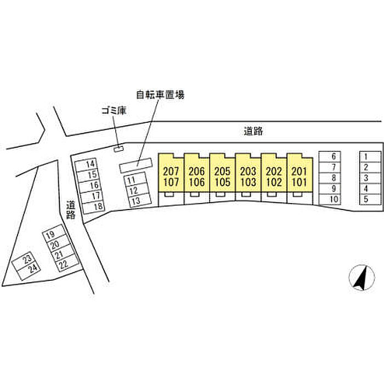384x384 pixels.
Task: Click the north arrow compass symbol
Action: coord(362,278)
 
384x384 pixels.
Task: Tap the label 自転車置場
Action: coord(160,94)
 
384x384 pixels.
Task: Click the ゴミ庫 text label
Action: coord(114,111)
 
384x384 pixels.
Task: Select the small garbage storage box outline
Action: coord(118,149)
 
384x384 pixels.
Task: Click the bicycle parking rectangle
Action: coord(136,165)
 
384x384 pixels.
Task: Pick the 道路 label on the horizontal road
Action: coord(253,131)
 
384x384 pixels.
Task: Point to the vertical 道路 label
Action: coord(71,210)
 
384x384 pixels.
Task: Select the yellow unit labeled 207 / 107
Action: coord(171,173)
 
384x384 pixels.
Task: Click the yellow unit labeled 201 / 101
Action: coord(300,173)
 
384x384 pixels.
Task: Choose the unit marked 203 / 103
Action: coord(248,173)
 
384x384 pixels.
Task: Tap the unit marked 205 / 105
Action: coord(222,173)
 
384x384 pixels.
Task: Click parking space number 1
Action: coord(370,156)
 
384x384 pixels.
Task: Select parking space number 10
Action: coord(330,199)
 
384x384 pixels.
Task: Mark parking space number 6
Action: coord(330,156)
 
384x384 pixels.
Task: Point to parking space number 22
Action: coord(67,263)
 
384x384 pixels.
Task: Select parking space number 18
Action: coord(94,206)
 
